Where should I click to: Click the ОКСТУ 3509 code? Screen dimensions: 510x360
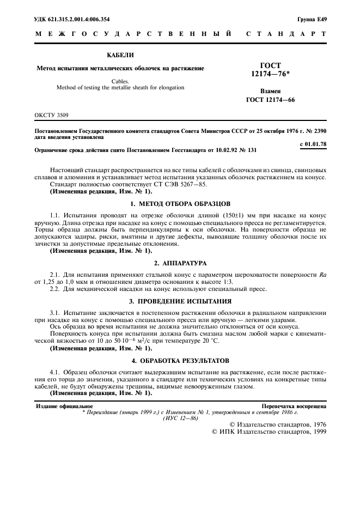point(52,116)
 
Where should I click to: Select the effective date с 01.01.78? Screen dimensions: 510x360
point(313,144)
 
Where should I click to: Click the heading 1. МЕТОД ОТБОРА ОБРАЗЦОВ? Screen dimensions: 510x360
point(180,203)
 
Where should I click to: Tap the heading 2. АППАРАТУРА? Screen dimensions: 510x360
point(180,262)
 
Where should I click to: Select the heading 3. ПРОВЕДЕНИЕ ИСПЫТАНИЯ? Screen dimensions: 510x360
point(180,301)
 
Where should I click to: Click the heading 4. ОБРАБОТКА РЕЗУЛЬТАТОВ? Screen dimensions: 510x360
point(180,360)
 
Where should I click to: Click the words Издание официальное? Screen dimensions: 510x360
point(64,406)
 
